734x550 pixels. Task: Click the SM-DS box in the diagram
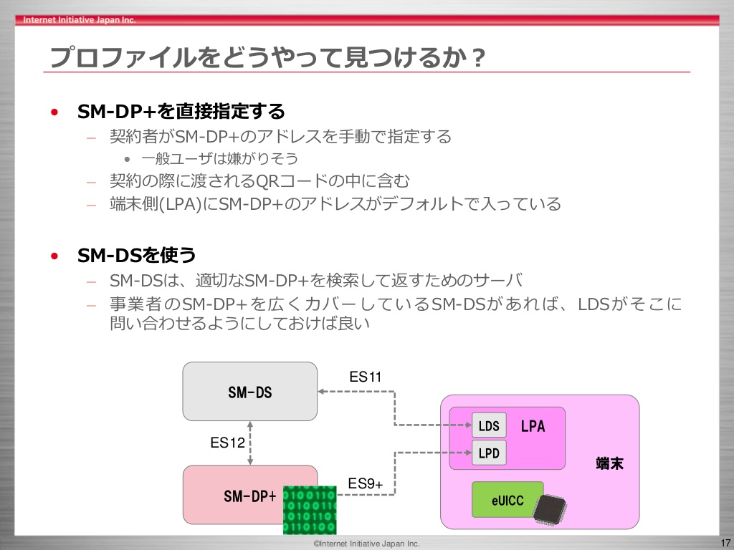point(250,392)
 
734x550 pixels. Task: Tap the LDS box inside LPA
point(489,425)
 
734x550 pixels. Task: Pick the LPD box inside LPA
point(489,453)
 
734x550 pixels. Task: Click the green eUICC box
point(507,499)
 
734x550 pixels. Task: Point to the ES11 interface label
point(366,377)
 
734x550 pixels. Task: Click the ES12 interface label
point(227,443)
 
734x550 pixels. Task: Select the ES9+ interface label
point(365,483)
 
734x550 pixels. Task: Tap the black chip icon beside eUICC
point(550,510)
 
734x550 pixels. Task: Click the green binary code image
point(310,510)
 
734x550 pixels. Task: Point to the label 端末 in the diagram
point(609,463)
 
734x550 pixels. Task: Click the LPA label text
point(533,426)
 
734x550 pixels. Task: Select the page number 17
point(725,543)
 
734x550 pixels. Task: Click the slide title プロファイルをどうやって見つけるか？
point(268,57)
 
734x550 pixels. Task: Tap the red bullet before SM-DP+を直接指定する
point(54,112)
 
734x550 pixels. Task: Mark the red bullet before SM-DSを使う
point(54,256)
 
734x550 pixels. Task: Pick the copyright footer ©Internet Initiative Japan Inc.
point(366,544)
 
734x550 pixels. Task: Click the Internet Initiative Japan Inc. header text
point(79,19)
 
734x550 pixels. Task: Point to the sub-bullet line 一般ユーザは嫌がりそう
point(219,158)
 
